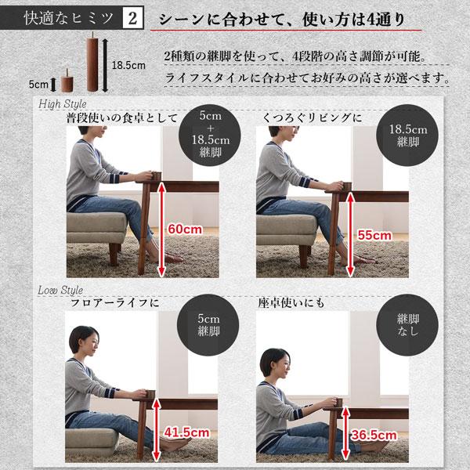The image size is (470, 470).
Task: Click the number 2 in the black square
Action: tap(132, 18)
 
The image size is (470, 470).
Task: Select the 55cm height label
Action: tap(375, 234)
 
